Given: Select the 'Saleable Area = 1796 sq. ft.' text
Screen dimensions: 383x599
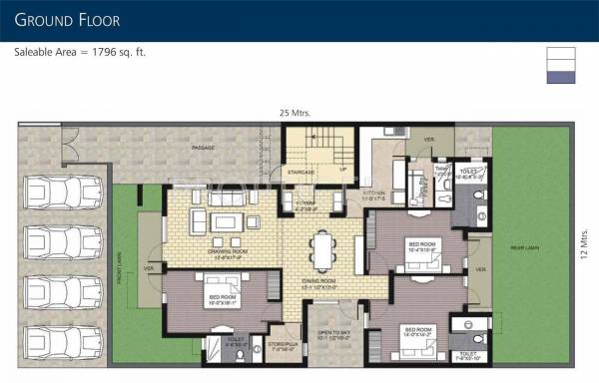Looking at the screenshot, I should pos(80,52).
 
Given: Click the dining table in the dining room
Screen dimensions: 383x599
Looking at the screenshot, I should pos(322,249).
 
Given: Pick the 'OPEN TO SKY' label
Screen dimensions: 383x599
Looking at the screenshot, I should pos(334,335).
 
